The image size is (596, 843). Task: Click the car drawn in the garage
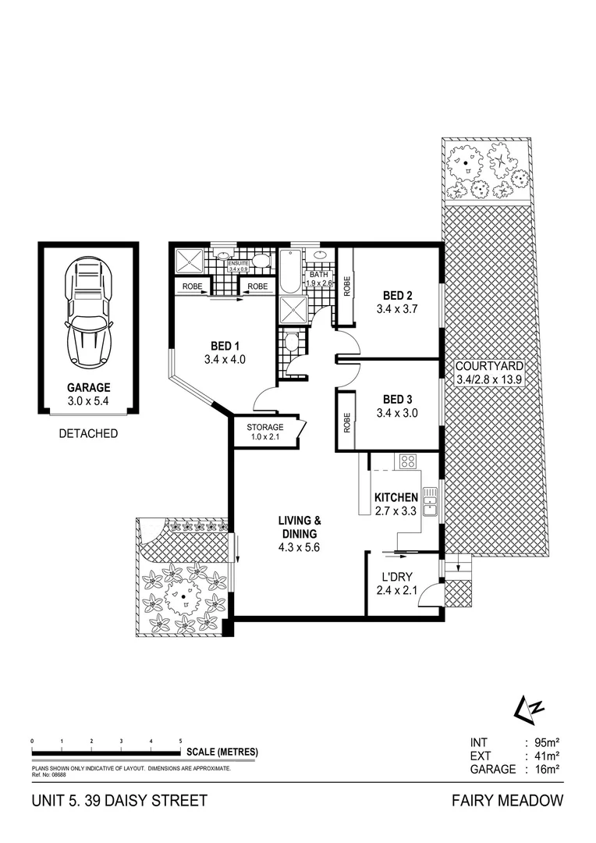87,313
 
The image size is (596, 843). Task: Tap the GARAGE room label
87,386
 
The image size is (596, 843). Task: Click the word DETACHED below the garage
87,434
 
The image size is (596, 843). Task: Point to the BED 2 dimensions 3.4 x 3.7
397,309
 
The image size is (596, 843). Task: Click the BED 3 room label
397,400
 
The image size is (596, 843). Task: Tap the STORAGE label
264,427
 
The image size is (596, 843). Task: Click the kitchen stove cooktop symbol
407,461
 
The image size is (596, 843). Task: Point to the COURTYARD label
489,366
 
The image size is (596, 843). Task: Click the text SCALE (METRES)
222,752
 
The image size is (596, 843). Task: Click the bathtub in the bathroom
289,272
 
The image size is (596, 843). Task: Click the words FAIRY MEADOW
507,801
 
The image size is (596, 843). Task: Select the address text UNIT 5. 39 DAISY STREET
119,801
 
